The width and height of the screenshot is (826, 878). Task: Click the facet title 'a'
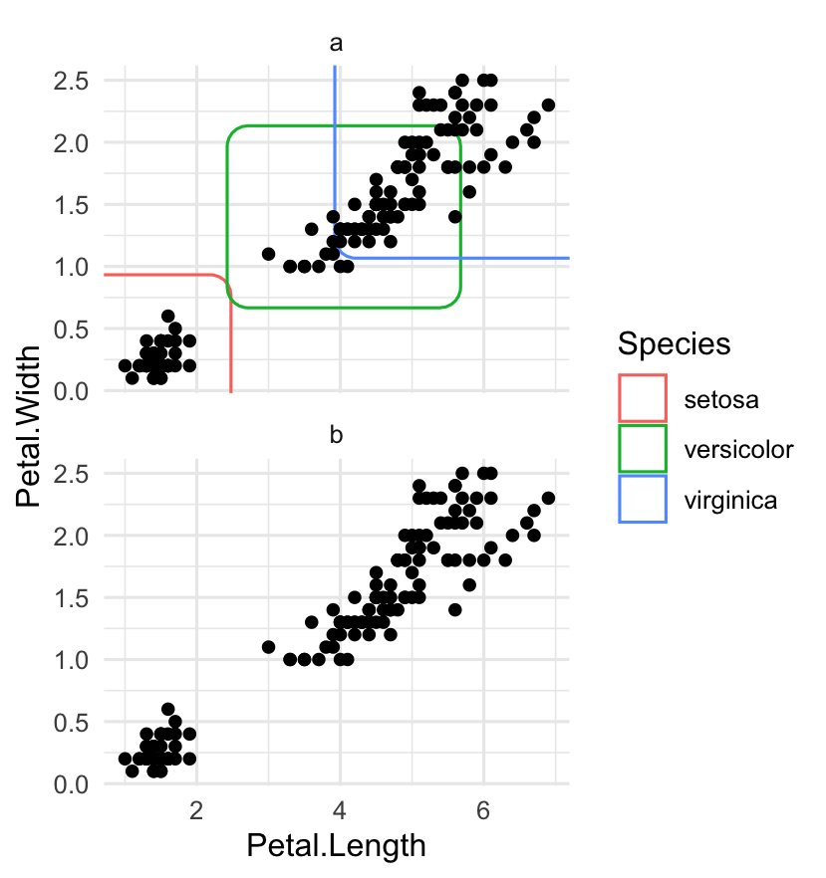point(336,43)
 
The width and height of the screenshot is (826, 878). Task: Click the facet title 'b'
point(336,435)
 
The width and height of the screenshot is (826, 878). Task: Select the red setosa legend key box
point(643,398)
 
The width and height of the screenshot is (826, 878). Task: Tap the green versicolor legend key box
point(643,449)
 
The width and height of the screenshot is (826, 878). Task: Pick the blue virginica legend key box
point(643,500)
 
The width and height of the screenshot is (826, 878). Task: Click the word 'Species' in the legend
point(675,343)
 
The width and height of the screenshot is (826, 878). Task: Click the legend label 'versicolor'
point(738,450)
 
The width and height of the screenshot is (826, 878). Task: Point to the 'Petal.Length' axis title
point(336,846)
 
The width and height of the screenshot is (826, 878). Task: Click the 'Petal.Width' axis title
point(30,426)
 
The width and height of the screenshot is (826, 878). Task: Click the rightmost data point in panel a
point(548,105)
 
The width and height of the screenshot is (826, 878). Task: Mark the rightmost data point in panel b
point(548,498)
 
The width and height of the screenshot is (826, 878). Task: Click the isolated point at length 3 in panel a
point(268,254)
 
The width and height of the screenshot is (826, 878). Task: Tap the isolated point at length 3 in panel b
point(268,647)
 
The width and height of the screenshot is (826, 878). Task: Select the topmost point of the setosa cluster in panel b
point(167,709)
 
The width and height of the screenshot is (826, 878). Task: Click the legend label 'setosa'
point(721,399)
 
